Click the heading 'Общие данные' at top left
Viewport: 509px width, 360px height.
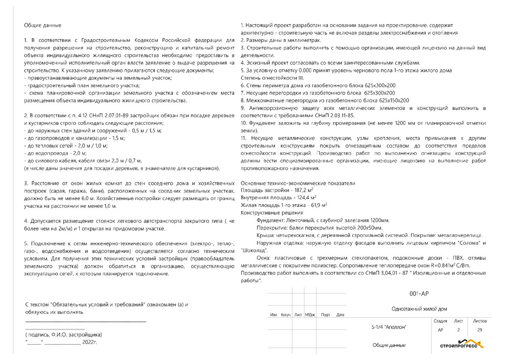(42, 25)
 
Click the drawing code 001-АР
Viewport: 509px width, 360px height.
(420, 293)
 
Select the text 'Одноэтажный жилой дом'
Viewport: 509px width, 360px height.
(419, 309)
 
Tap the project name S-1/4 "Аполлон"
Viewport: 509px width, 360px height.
(389, 327)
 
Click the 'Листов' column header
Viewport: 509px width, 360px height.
(480, 321)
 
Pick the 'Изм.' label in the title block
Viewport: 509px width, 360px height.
(274, 315)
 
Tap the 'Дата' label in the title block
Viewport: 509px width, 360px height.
(340, 315)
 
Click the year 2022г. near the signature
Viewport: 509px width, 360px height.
(89, 342)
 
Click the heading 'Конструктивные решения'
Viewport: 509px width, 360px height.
(271, 212)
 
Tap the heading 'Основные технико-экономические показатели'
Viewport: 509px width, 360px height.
(298, 183)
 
